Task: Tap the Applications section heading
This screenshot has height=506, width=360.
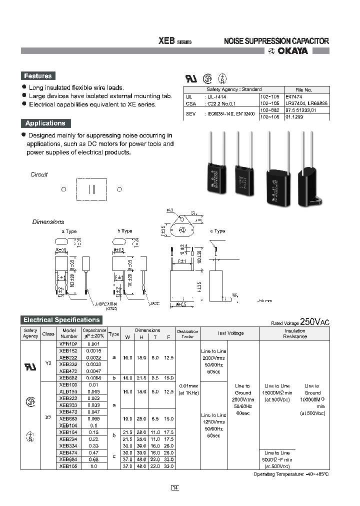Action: pyautogui.click(x=45, y=123)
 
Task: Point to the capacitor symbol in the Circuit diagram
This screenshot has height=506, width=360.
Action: pyautogui.click(x=91, y=189)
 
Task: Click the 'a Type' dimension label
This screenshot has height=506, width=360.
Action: pyautogui.click(x=69, y=231)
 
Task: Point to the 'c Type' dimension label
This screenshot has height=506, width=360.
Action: pyautogui.click(x=217, y=231)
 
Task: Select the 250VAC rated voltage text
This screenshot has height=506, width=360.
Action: pyautogui.click(x=314, y=322)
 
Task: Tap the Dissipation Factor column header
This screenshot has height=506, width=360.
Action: pyautogui.click(x=187, y=333)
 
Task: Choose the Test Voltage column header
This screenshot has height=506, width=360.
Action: pyautogui.click(x=230, y=333)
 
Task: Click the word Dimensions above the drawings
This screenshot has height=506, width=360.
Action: pyautogui.click(x=48, y=221)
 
